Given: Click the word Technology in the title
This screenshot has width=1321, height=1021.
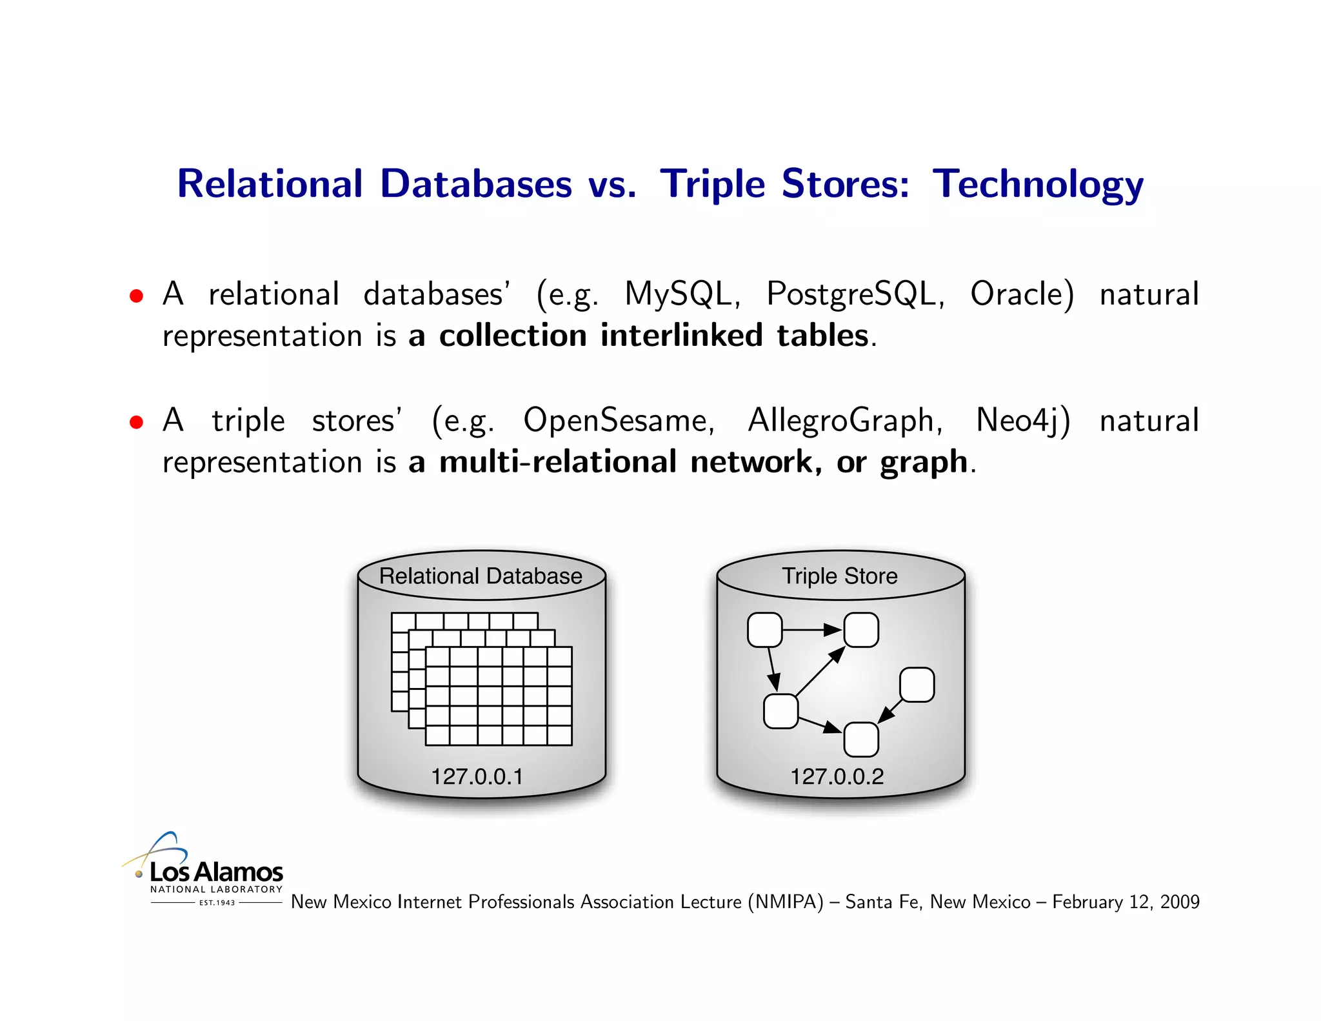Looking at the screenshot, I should (1037, 185).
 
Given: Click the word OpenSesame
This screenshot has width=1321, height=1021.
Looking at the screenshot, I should (615, 421).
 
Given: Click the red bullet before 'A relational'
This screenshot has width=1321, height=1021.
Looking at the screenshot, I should (136, 296).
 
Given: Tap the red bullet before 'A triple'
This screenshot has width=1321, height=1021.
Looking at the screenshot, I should (136, 423).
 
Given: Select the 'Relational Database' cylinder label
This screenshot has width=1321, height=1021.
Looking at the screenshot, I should (481, 576).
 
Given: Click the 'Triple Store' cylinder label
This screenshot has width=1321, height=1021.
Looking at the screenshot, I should (839, 576).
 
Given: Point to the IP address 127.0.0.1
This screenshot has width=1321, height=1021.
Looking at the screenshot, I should (477, 776).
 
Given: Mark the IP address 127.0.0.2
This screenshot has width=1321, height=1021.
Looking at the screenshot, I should (837, 776).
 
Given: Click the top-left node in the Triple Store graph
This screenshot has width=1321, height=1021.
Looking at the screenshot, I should (764, 630).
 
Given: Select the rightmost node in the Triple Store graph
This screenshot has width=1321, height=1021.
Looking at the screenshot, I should (917, 685).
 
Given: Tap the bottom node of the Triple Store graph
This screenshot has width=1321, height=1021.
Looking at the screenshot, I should (861, 740).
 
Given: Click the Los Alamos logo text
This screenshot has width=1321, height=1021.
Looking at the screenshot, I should (216, 873).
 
